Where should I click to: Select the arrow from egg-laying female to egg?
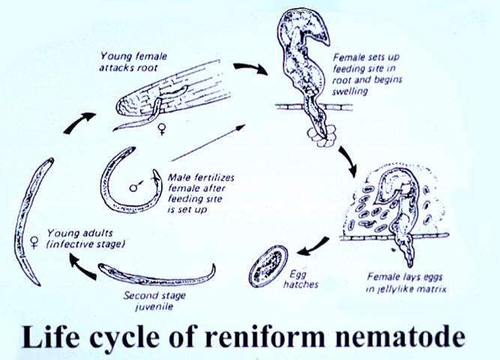[311, 244]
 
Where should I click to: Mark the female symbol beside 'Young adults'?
[34, 241]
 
